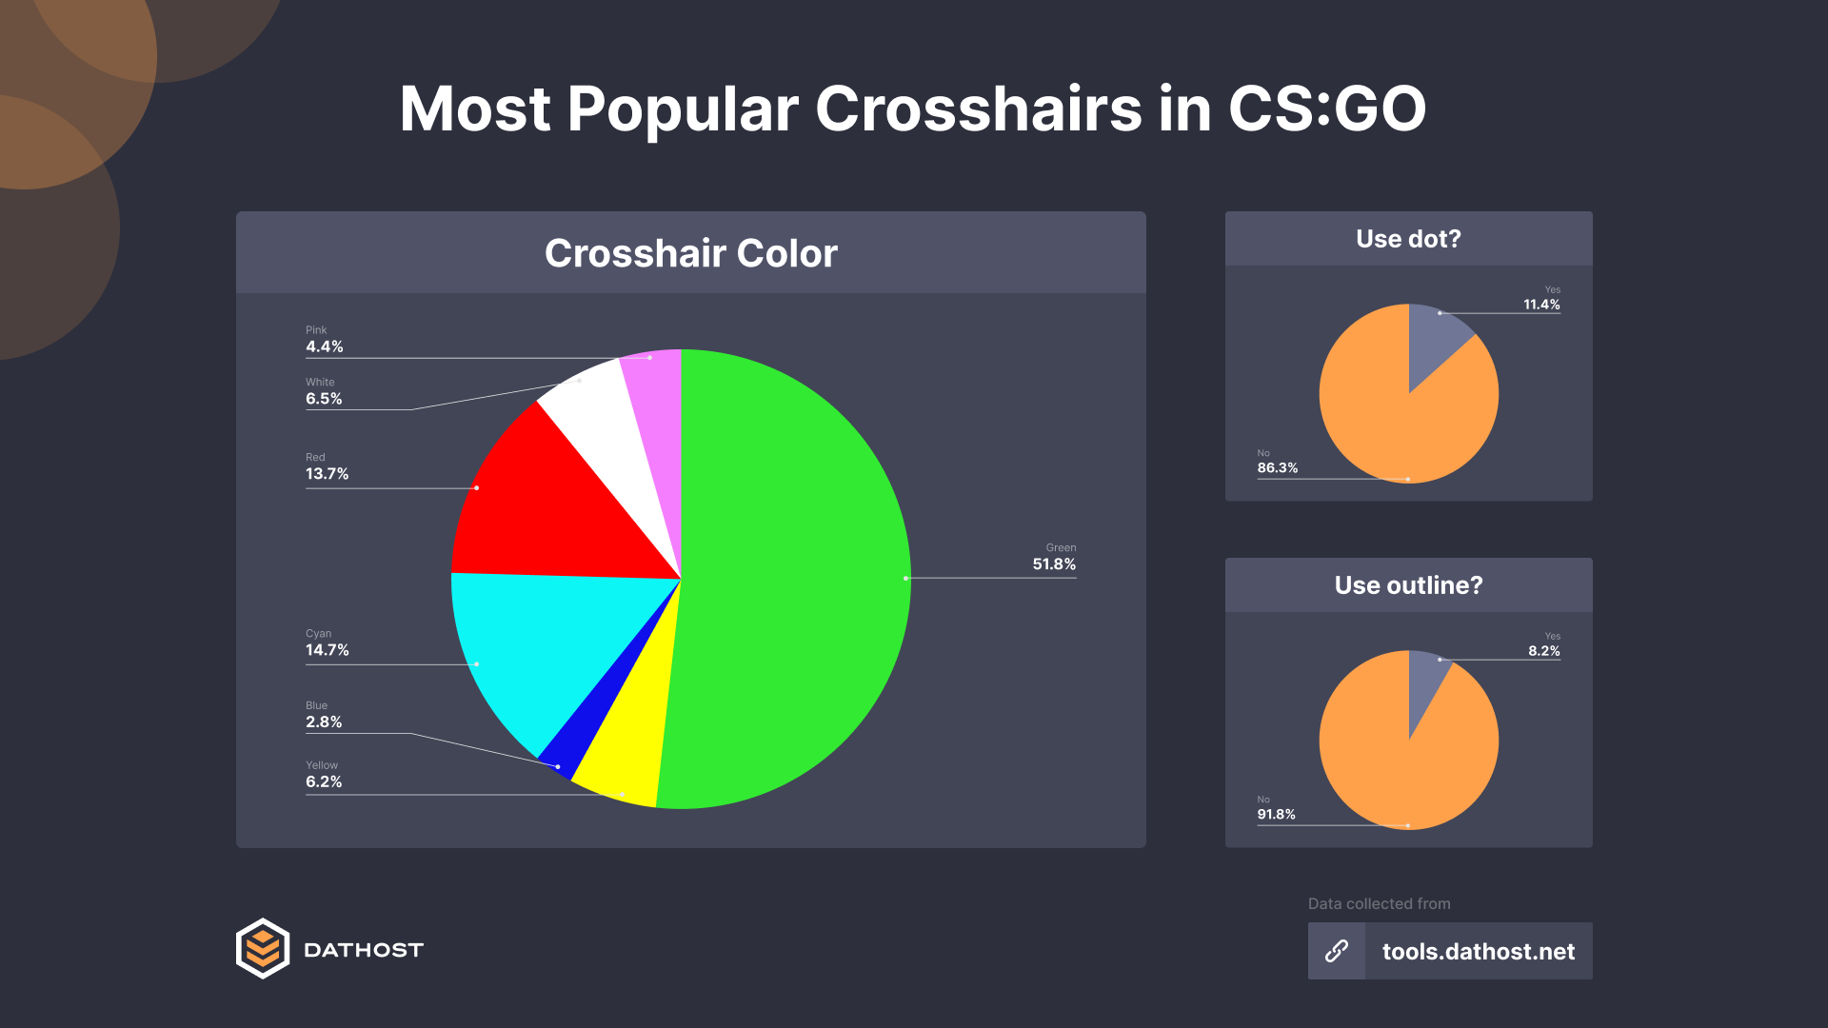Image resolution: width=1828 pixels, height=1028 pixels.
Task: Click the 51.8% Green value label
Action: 1054,564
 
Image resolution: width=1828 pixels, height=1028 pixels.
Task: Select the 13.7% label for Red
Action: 327,474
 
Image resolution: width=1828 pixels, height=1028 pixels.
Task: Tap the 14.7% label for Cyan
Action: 327,650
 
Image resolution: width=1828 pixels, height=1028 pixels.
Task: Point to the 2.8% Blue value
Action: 324,722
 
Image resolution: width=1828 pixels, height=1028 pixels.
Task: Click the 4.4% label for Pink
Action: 324,347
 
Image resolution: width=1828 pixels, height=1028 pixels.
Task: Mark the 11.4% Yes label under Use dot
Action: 1541,305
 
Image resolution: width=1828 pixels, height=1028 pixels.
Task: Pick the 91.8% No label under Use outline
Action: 1276,815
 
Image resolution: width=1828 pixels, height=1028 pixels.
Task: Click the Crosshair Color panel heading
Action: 691,253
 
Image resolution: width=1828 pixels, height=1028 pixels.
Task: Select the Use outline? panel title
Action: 1408,585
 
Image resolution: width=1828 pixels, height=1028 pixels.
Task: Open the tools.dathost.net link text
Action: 1478,952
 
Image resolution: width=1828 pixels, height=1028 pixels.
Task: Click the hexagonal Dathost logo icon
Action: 263,949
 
